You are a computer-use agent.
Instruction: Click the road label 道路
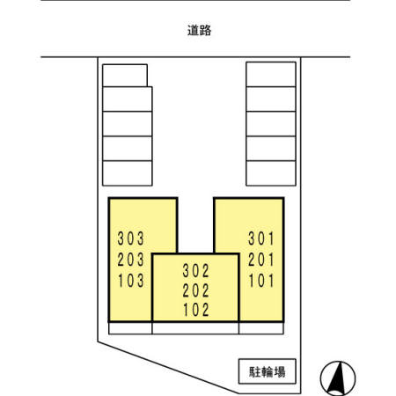(199, 30)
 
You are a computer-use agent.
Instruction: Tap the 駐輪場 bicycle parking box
(268, 371)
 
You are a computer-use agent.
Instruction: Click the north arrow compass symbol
(338, 378)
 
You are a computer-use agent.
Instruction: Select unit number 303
(131, 238)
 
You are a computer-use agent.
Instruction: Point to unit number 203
(131, 260)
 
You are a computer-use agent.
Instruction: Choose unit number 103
(131, 281)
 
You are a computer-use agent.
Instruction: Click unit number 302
(195, 270)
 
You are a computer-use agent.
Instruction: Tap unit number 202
(195, 290)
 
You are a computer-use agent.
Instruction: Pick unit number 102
(196, 310)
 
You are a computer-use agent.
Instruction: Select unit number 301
(261, 238)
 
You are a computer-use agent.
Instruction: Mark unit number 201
(261, 260)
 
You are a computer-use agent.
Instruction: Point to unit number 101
(261, 281)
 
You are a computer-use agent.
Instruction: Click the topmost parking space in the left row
(125, 76)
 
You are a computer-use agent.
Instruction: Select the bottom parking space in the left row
(128, 173)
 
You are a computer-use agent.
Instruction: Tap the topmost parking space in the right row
(271, 74)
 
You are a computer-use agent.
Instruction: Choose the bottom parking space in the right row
(271, 173)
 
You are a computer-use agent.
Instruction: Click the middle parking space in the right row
(271, 124)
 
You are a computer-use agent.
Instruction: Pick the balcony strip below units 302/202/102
(195, 328)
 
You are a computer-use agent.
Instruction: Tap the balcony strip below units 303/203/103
(130, 328)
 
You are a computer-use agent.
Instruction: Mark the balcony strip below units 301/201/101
(261, 328)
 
